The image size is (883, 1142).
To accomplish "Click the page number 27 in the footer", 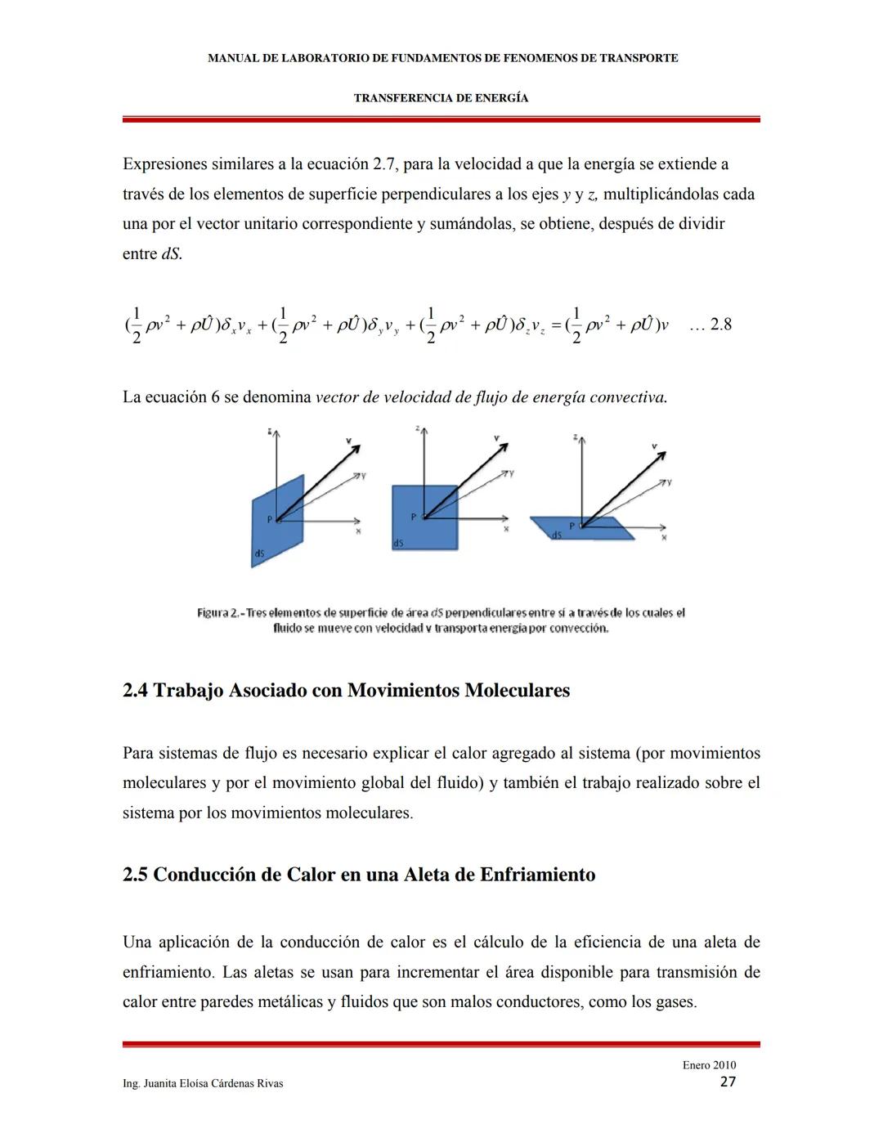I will tap(728, 1082).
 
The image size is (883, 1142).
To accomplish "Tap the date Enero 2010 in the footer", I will tap(709, 1065).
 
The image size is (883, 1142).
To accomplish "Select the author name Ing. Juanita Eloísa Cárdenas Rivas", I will tap(203, 1083).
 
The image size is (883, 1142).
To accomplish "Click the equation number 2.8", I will tap(720, 325).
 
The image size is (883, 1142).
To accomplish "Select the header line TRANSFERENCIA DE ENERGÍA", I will tap(441, 98).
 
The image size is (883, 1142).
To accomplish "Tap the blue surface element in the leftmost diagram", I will tap(278, 523).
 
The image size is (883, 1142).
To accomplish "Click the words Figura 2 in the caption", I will tap(217, 613).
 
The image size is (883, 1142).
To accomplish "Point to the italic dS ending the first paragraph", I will tap(170, 254).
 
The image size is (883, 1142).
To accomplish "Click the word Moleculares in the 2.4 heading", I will tap(517, 691).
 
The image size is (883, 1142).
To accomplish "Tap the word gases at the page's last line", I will tap(675, 1002).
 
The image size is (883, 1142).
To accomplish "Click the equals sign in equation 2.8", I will tap(556, 325).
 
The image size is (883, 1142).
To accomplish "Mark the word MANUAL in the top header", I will tap(231, 58).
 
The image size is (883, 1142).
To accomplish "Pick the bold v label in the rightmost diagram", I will tap(654, 446).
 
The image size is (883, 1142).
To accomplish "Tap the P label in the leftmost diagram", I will tap(268, 518).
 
